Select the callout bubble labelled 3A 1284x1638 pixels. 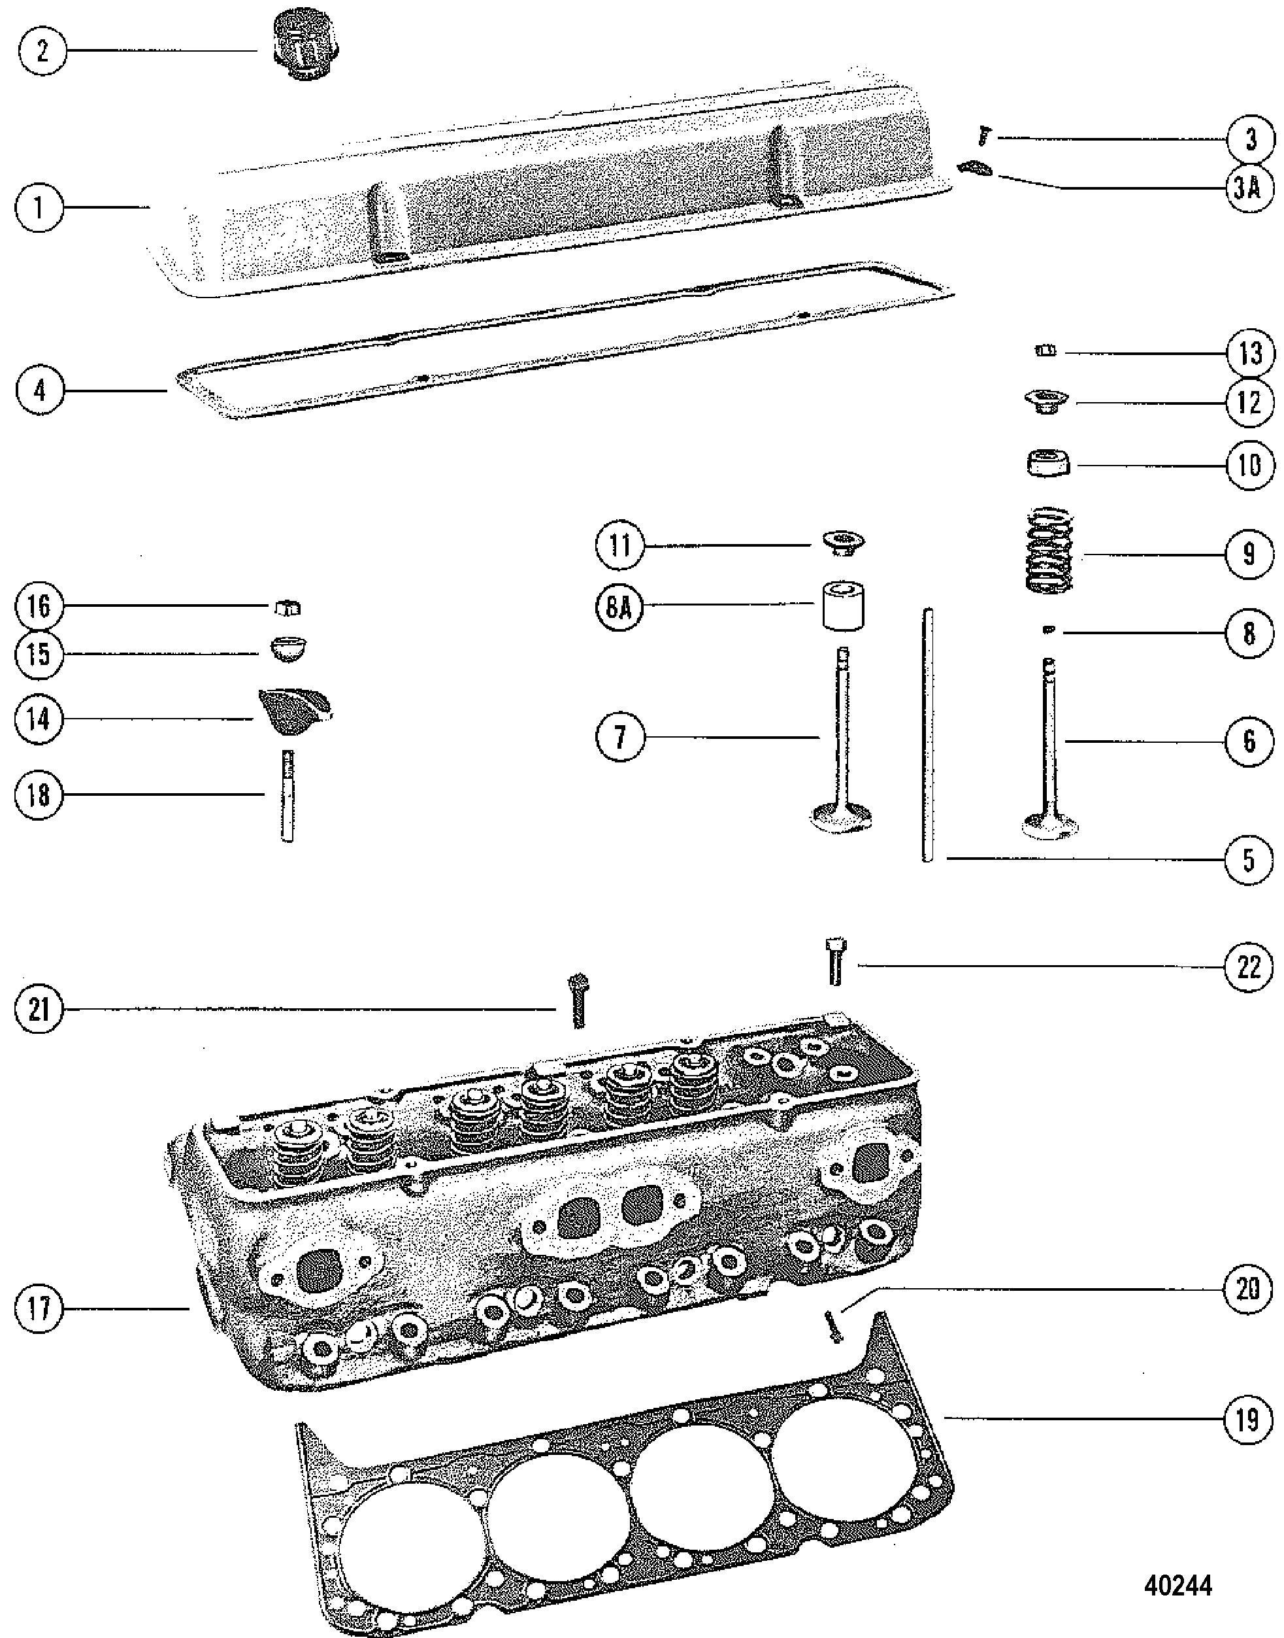click(x=1249, y=188)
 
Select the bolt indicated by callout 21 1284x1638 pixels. click(x=578, y=1000)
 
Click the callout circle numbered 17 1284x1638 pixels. click(x=39, y=1308)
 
